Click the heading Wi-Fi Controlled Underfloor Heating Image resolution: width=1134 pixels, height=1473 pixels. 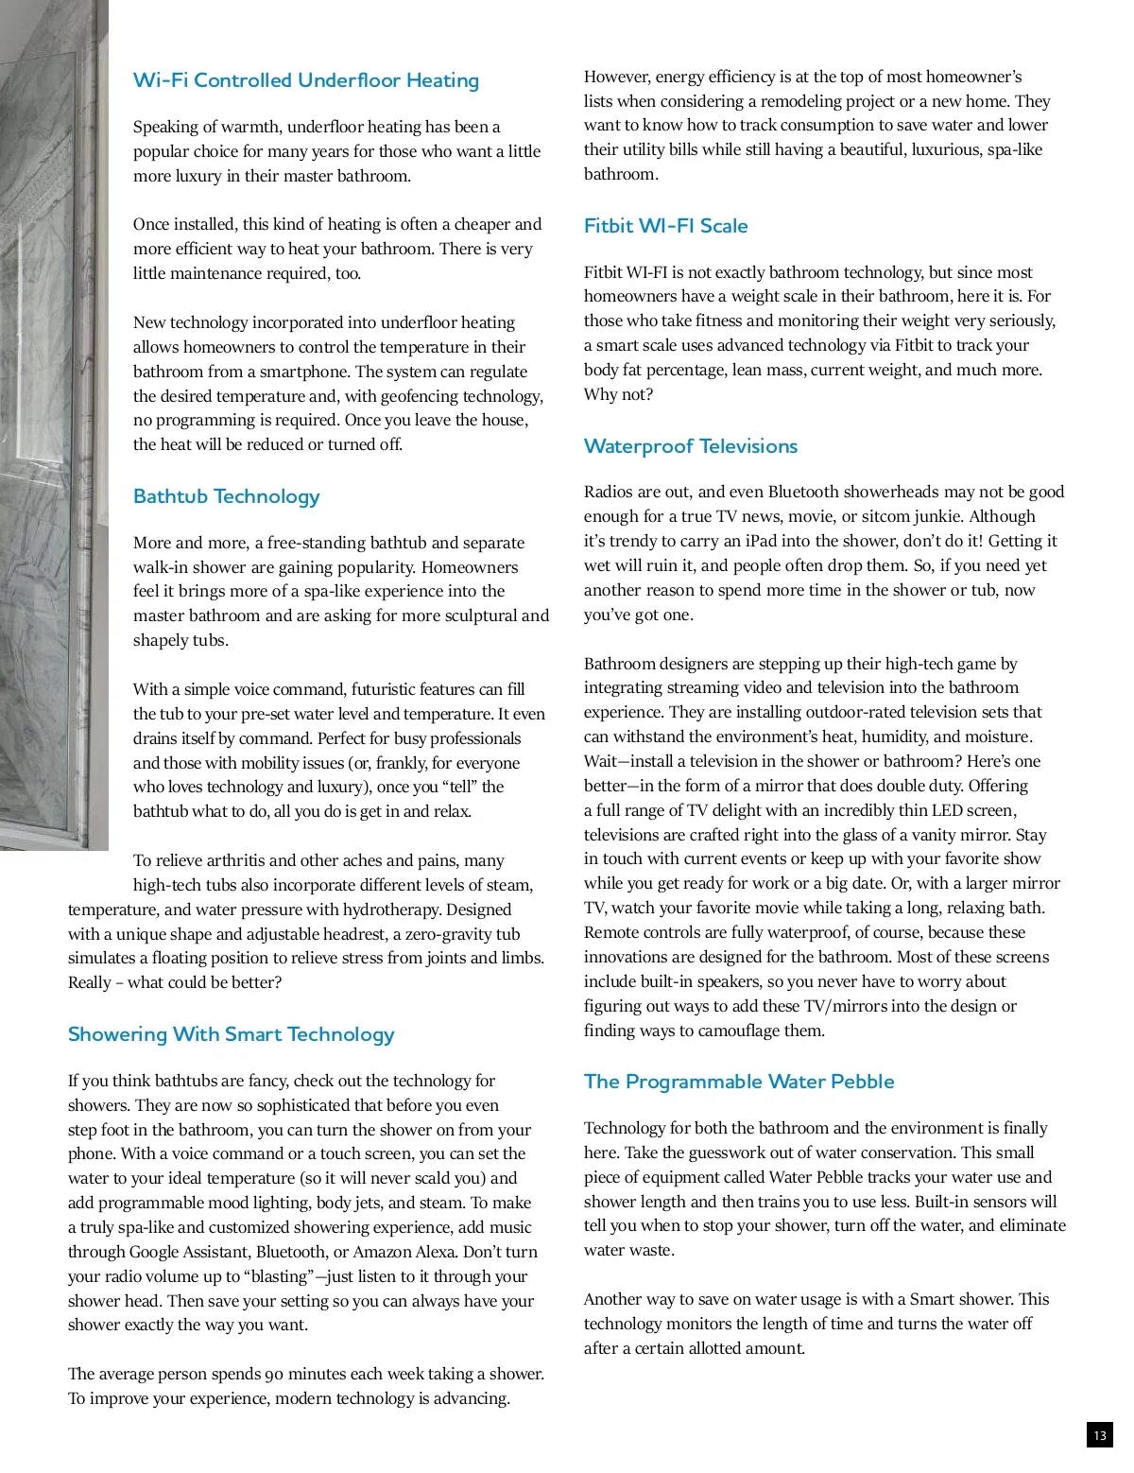pos(305,80)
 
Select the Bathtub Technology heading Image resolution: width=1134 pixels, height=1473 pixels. pos(226,496)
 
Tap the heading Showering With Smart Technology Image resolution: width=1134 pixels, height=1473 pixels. pos(231,1034)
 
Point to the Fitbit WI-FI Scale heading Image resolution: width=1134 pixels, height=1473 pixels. pos(665,226)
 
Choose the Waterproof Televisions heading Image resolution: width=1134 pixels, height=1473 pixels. pos(690,446)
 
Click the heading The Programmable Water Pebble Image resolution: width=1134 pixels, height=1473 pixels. pos(738,1082)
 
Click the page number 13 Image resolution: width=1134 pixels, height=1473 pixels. pos(1099,1435)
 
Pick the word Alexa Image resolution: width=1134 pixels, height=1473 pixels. pos(514,1252)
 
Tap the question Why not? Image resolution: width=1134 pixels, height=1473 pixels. pos(618,394)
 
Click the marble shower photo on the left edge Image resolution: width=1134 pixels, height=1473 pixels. pos(53,425)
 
